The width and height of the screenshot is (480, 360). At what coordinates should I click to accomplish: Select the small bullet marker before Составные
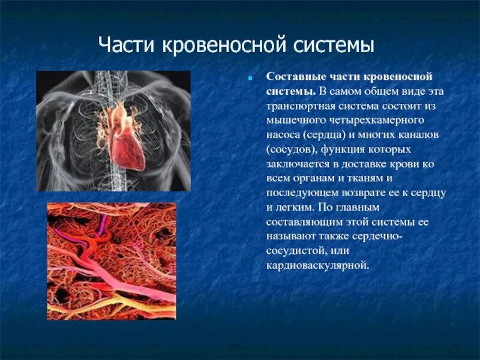click(x=252, y=78)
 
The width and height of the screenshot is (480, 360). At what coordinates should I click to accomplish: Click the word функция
click(x=350, y=149)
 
